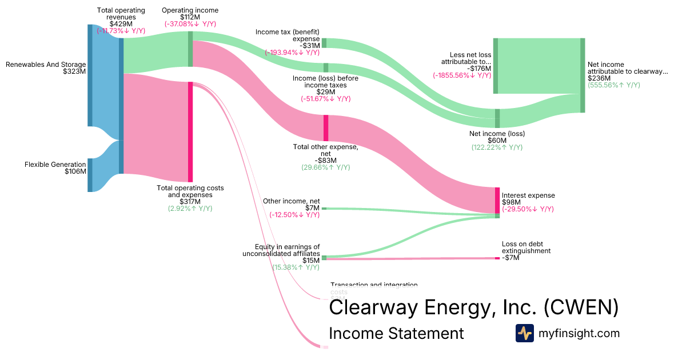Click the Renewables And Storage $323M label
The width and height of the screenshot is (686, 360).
tap(46, 68)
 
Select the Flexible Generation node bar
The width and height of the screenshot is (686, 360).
tap(90, 175)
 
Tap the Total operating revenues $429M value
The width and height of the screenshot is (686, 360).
tap(121, 24)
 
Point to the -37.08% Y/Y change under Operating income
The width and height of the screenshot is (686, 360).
tap(190, 24)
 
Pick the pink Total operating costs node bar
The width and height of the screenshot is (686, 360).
tap(190, 132)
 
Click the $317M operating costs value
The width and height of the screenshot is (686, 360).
tap(190, 202)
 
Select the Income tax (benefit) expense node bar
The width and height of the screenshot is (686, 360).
tap(324, 43)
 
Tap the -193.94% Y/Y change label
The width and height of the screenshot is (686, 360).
tap(292, 53)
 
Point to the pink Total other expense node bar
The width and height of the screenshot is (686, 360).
tap(326, 127)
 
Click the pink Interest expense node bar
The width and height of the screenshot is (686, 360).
tap(497, 200)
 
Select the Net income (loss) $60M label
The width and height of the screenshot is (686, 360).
tap(497, 137)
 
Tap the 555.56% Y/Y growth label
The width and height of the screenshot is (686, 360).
tap(613, 85)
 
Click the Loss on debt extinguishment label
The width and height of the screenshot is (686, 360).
tap(526, 251)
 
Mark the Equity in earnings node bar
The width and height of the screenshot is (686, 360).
tap(324, 258)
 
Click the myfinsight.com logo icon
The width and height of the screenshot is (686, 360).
tap(524, 333)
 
